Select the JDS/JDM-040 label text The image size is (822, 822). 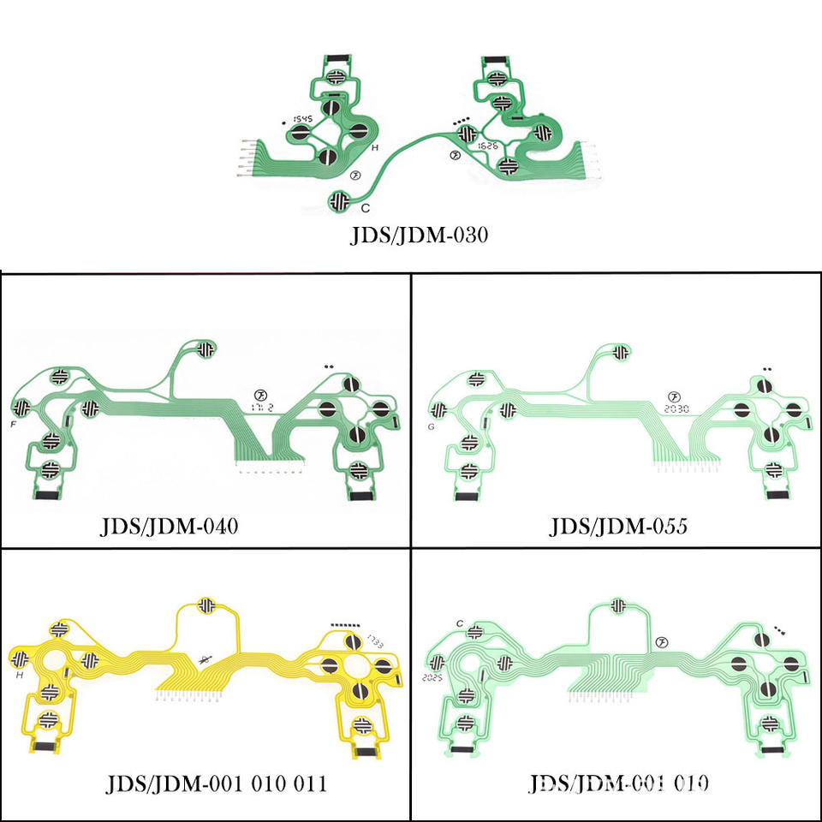pyautogui.click(x=170, y=525)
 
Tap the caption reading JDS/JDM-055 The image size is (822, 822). pyautogui.click(x=618, y=525)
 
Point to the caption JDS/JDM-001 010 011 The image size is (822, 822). pyautogui.click(x=216, y=783)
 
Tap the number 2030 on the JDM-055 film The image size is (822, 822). pyautogui.click(x=676, y=409)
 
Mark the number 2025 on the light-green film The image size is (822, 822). pyautogui.click(x=436, y=676)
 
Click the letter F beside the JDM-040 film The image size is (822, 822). pyautogui.click(x=13, y=424)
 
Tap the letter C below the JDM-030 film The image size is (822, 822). pyautogui.click(x=365, y=208)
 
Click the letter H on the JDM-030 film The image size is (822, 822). pyautogui.click(x=374, y=147)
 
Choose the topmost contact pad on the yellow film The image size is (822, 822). pyautogui.click(x=206, y=605)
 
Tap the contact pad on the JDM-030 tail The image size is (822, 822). pyautogui.click(x=340, y=200)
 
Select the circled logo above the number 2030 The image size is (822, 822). pyautogui.click(x=675, y=396)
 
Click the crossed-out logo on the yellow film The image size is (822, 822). pyautogui.click(x=204, y=659)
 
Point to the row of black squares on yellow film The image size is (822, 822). pyautogui.click(x=348, y=627)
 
